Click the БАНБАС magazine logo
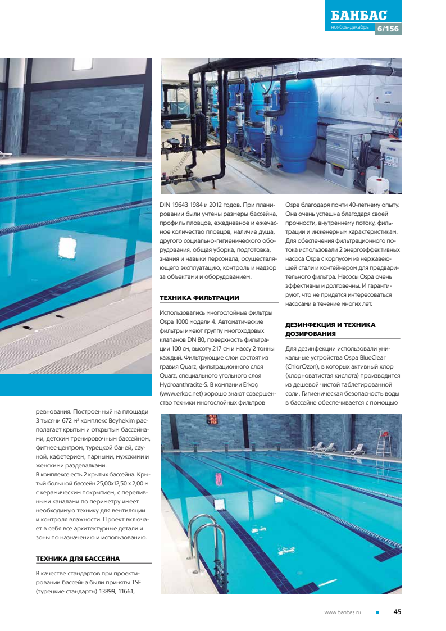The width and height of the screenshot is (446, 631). pos(359,16)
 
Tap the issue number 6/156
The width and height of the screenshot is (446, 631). pos(388,29)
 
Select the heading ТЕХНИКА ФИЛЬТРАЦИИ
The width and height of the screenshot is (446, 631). pos(199,298)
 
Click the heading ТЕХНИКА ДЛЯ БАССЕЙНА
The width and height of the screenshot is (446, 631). pos(78,559)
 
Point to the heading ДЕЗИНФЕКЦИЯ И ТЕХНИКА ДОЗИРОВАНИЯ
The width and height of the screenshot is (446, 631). pos(330,329)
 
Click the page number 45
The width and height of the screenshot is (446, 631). pos(397,612)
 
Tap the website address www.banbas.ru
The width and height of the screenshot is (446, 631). pos(343,612)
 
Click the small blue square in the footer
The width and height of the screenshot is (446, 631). pos(378,612)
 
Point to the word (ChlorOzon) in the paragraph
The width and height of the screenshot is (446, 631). pos(302,366)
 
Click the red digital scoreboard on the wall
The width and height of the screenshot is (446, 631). pos(213,419)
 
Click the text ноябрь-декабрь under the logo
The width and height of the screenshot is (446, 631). pos(349,28)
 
